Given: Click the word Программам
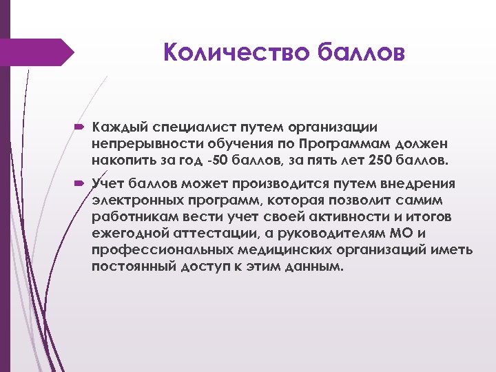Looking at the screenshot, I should coord(341,143).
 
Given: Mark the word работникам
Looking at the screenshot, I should coord(127,216).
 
